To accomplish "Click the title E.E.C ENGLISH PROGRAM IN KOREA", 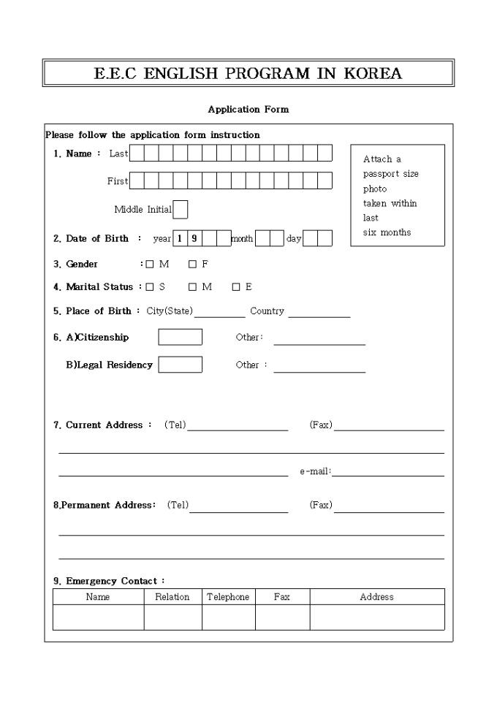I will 248,74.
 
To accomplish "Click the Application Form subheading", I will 248,110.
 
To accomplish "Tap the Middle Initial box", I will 180,210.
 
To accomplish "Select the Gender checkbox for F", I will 192,265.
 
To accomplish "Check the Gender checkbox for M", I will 150,265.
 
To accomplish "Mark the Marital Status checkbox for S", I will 150,287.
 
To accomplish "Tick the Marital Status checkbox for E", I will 236,287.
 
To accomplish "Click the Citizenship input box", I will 180,337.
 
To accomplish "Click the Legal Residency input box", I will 180,364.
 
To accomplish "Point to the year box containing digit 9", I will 194,238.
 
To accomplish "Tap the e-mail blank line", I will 387,472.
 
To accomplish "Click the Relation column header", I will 172,597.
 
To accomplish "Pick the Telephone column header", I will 228,597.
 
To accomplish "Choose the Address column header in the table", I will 376,597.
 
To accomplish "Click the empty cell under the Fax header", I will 282,617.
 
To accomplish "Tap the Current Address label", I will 104,425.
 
